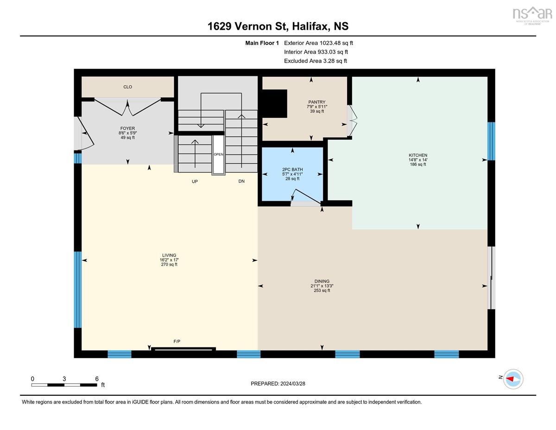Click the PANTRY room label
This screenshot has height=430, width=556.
(317, 102)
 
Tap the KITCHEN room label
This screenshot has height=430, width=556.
(418, 155)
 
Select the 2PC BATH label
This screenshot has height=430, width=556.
(292, 169)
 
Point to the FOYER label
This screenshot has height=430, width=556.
(127, 128)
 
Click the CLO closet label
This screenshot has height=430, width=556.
(128, 87)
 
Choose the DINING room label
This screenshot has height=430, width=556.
(322, 281)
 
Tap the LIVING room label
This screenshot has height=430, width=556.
(169, 255)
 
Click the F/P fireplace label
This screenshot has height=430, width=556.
(177, 341)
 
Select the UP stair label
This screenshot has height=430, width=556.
(195, 181)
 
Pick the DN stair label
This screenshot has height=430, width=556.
(241, 181)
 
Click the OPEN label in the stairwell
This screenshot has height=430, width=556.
(218, 154)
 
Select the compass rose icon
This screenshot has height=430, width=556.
(513, 379)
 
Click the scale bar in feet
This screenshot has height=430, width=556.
(64, 385)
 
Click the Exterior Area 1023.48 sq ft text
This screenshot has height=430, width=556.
(318, 43)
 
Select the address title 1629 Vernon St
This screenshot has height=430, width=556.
(278, 26)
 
